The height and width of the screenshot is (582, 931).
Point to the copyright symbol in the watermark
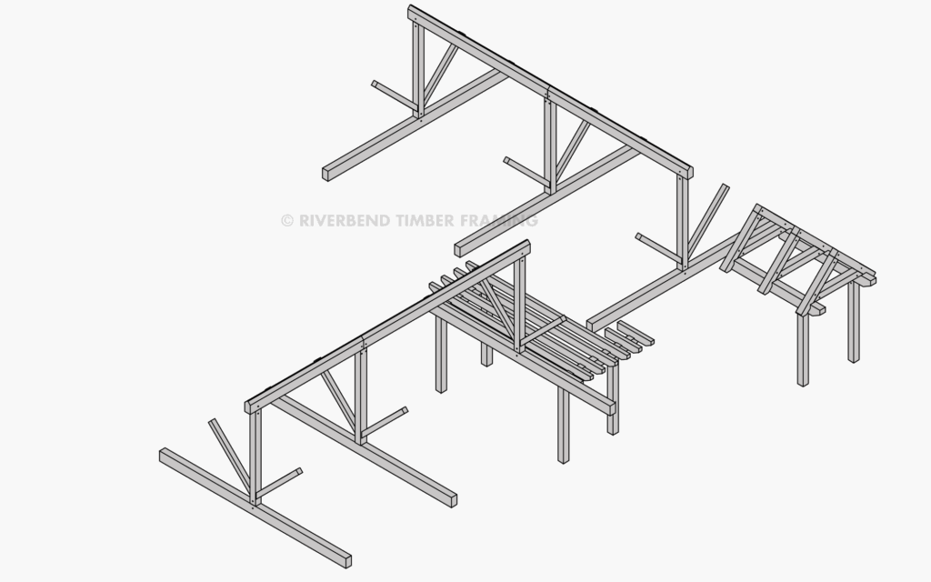287,221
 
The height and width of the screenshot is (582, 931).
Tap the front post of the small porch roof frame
803,349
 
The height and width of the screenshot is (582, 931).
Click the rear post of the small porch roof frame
854,321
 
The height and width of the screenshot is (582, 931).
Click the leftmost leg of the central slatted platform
441,354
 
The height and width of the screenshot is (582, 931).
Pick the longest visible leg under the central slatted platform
564,425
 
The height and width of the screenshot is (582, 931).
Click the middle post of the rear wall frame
550,146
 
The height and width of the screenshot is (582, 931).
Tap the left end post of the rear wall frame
418,69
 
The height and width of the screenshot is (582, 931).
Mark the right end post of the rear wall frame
683,222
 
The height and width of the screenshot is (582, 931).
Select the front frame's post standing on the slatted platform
519,304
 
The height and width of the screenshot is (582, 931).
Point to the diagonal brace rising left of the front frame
229,456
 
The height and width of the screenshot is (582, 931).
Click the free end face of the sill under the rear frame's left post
325,175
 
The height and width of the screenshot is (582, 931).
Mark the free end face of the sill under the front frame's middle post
454,501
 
